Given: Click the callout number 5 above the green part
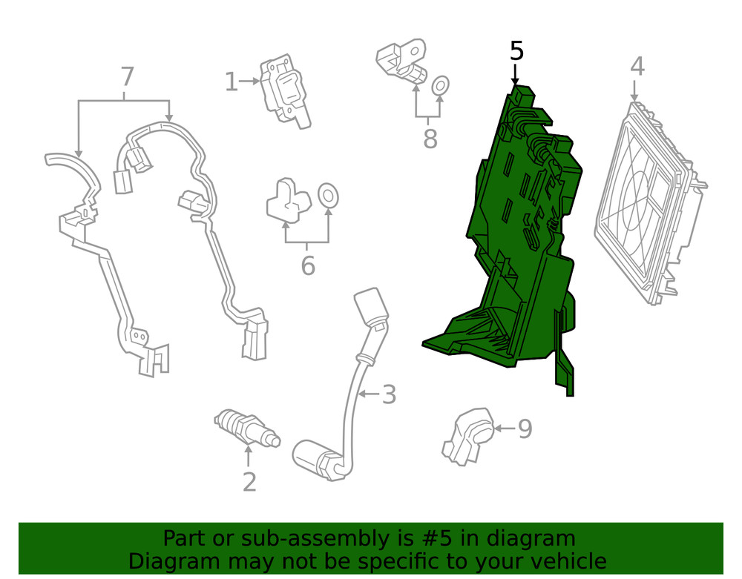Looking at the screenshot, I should [x=516, y=51].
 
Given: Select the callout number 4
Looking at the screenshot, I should [x=637, y=67].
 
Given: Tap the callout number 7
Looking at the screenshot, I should [x=127, y=76].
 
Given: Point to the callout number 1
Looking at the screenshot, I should [x=231, y=82].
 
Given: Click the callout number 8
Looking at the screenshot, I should [x=430, y=138].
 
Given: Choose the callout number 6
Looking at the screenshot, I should [x=308, y=265].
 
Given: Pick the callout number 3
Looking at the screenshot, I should [x=389, y=395].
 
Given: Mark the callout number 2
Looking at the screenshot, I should [x=249, y=482].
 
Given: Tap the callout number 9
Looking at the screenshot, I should [x=525, y=429].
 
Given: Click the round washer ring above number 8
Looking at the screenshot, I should [x=440, y=87].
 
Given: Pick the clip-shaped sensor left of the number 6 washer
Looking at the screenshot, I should [x=288, y=199].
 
